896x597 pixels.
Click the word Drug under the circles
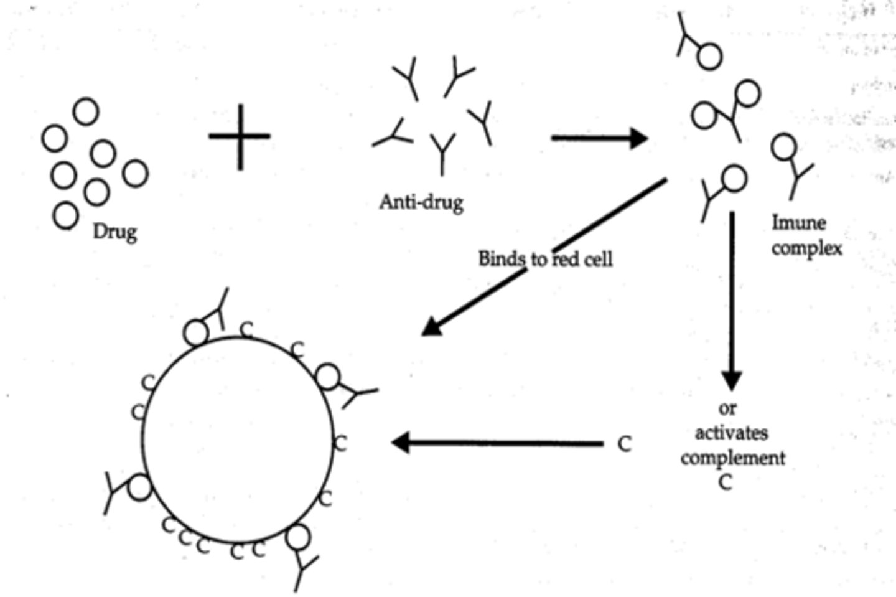click(114, 232)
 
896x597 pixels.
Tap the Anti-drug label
click(421, 202)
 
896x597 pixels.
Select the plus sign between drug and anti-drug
click(240, 136)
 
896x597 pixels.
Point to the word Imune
click(799, 223)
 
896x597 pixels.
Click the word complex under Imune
click(806, 248)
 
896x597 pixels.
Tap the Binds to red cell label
click(545, 258)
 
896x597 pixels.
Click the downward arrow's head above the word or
click(731, 380)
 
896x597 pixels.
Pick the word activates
click(731, 433)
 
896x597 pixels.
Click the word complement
click(732, 458)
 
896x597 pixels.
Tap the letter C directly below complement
click(726, 482)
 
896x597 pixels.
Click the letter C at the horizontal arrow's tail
click(624, 444)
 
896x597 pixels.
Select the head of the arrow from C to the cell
click(401, 443)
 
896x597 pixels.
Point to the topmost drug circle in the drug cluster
click(86, 112)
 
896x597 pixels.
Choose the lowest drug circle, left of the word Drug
click(65, 216)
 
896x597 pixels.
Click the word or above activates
click(727, 408)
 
